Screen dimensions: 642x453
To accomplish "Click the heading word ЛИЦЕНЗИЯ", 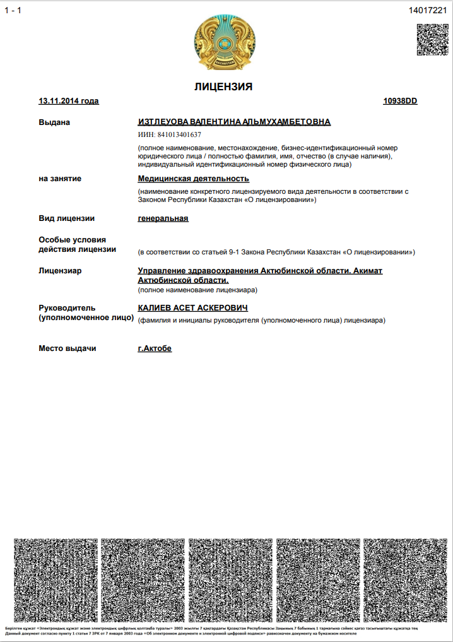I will click(x=223, y=87).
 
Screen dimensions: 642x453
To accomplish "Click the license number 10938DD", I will click(x=400, y=101).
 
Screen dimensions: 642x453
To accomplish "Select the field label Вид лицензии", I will click(x=67, y=218).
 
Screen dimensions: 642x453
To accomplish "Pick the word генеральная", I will click(x=163, y=218).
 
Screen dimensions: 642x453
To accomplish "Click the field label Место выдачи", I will click(x=68, y=348).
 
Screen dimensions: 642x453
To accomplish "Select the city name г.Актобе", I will click(x=155, y=348).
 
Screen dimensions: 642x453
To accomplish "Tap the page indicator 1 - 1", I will click(x=13, y=10).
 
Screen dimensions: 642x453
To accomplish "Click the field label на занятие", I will click(x=60, y=179).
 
